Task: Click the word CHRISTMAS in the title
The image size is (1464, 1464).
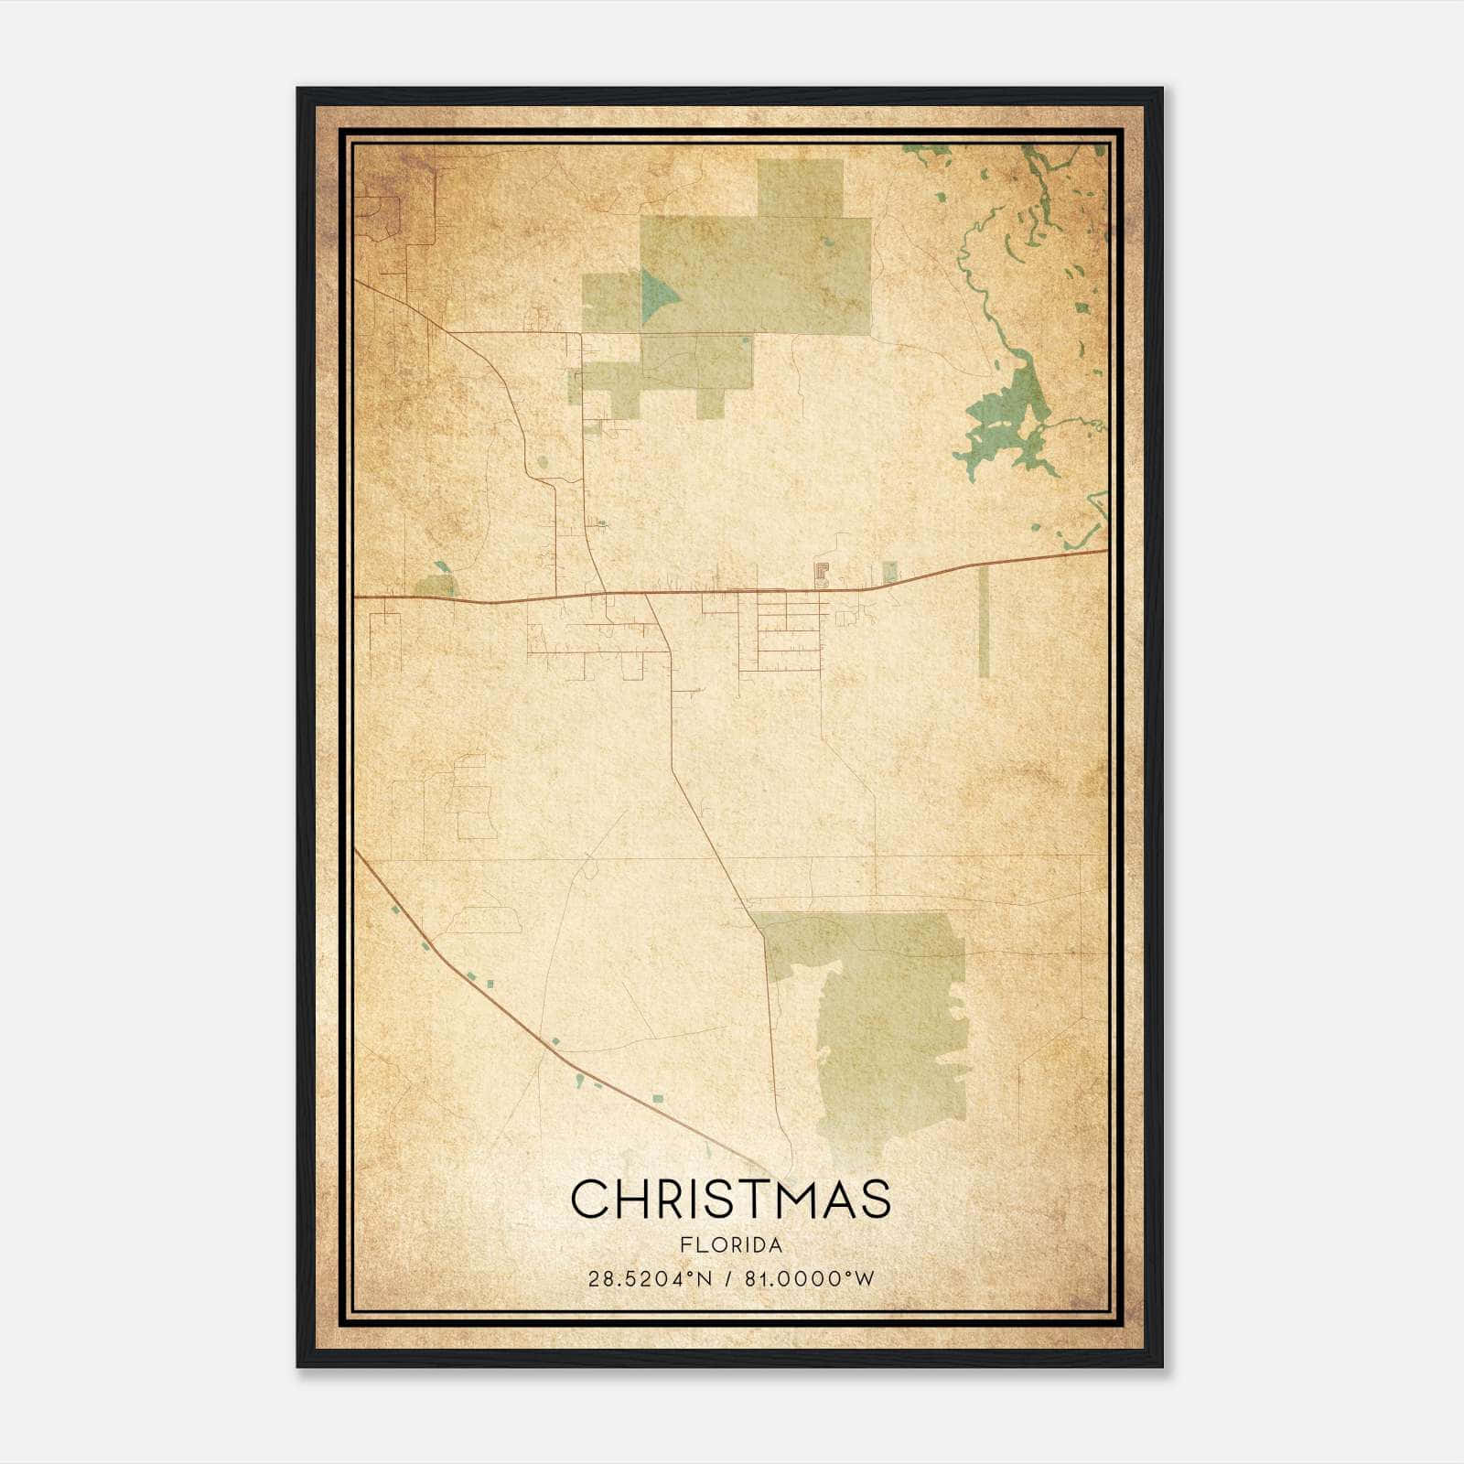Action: tap(730, 1199)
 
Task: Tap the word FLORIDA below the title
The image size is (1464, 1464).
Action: tap(730, 1245)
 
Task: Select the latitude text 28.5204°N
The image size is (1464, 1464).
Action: tap(650, 1279)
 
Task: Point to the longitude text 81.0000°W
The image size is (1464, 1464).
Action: tap(810, 1279)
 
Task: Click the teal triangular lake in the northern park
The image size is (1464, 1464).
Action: tap(657, 296)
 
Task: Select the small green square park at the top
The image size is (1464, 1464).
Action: tap(800, 188)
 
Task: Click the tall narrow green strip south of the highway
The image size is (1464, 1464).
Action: tap(984, 622)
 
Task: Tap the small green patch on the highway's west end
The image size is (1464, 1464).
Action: tap(435, 586)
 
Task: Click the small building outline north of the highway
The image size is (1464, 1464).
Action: tap(821, 575)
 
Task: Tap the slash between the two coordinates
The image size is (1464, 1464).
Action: tap(729, 1279)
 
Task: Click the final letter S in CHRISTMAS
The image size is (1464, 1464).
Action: tap(874, 1199)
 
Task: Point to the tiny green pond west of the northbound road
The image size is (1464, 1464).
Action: tap(543, 463)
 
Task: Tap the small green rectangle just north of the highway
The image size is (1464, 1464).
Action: tap(889, 573)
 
